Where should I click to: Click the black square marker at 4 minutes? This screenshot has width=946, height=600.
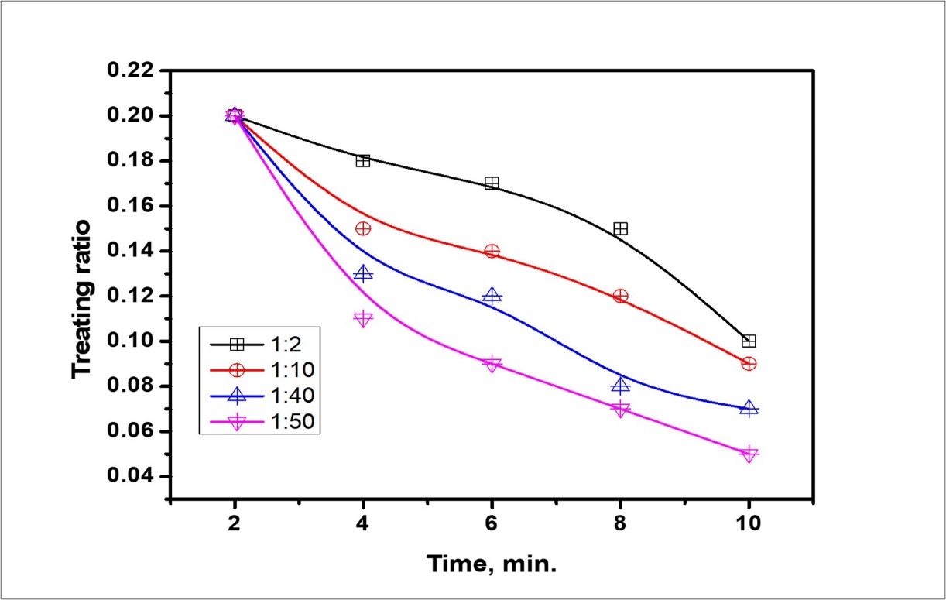tap(363, 161)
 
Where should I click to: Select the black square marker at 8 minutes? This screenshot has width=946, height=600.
tap(620, 228)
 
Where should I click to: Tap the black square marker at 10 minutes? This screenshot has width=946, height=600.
tap(749, 341)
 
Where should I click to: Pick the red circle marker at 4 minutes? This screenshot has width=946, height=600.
tap(363, 228)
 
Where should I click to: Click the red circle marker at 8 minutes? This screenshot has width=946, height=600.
tap(620, 296)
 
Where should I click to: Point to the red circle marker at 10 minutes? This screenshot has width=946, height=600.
tap(749, 363)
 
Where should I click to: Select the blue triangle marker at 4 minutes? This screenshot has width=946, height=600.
tap(363, 273)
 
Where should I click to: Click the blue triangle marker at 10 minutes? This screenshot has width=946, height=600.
tap(749, 408)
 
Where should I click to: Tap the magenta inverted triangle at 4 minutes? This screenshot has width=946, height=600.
tap(363, 319)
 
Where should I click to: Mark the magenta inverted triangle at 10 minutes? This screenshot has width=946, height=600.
tap(749, 454)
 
